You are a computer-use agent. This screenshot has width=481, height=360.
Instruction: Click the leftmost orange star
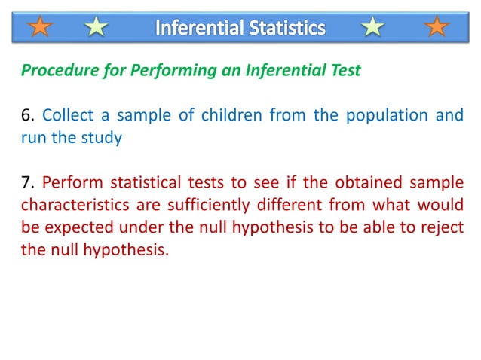(x=41, y=28)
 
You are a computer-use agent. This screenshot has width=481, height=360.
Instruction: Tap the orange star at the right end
(x=437, y=28)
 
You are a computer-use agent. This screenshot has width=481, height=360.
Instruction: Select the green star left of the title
(x=97, y=28)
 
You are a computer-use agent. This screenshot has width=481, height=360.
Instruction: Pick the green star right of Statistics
(x=372, y=28)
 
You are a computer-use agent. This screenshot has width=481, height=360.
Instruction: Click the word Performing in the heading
(x=173, y=72)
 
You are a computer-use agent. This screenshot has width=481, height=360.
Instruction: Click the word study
(x=103, y=139)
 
